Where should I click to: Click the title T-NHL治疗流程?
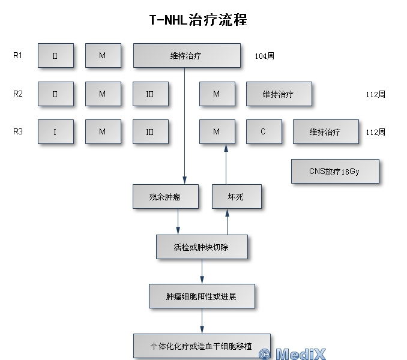(x=198, y=20)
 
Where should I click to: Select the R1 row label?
(x=18, y=56)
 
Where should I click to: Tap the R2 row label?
(x=18, y=94)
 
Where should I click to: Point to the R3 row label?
(x=18, y=131)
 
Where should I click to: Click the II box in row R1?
(x=55, y=56)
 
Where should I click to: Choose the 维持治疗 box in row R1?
(x=186, y=56)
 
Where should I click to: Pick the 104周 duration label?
(x=264, y=56)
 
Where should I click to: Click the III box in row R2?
(x=150, y=94)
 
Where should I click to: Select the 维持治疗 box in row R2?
(x=279, y=94)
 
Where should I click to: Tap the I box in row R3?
(x=55, y=131)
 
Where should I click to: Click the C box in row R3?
(x=263, y=131)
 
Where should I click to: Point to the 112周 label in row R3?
(x=375, y=132)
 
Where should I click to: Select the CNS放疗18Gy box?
(x=335, y=171)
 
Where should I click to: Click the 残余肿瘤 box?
(x=165, y=196)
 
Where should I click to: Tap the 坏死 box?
(x=237, y=196)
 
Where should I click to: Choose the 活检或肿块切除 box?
(x=201, y=247)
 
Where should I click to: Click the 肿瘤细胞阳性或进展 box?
(x=202, y=296)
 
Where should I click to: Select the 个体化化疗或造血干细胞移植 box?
(x=202, y=346)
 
